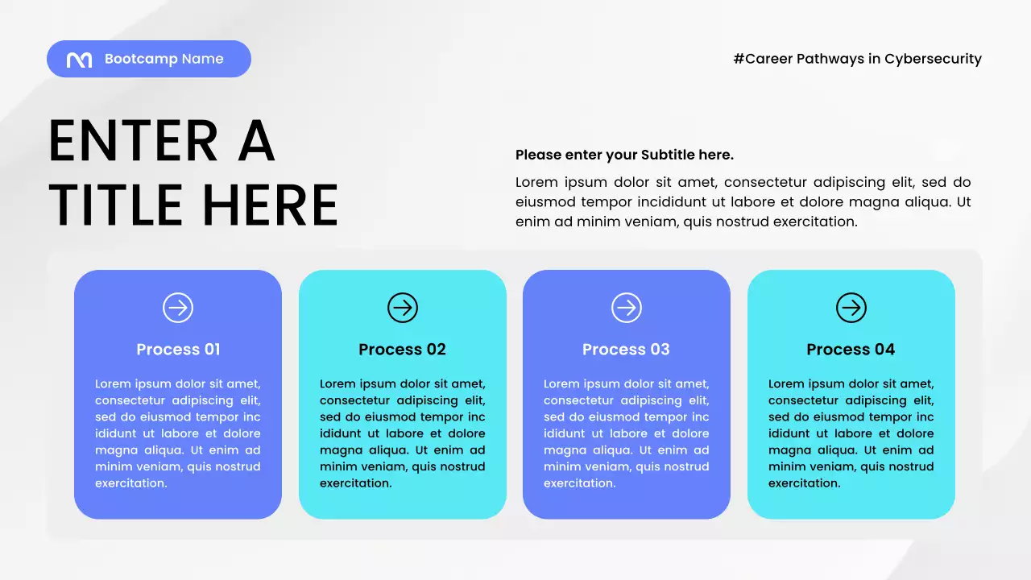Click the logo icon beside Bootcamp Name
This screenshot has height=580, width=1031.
(x=79, y=60)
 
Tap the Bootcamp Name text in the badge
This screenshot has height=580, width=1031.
(x=164, y=59)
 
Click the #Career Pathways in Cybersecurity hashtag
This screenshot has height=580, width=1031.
(x=857, y=59)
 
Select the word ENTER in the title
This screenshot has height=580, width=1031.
(x=133, y=142)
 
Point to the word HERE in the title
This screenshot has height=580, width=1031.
(x=270, y=205)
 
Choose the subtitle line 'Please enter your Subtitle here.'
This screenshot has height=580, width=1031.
(x=624, y=155)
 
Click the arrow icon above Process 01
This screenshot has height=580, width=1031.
(x=178, y=308)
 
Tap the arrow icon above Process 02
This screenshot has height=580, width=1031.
(x=403, y=308)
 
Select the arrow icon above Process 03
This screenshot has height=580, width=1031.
(x=627, y=308)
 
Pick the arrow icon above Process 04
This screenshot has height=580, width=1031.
(x=851, y=308)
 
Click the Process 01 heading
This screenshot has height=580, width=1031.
(x=178, y=350)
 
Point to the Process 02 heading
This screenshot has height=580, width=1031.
(x=402, y=350)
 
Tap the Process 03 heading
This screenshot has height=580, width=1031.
(x=626, y=350)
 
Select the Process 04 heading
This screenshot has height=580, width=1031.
(x=851, y=350)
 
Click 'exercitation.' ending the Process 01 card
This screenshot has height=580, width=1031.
(x=131, y=483)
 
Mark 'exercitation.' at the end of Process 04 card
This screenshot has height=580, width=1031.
(x=804, y=483)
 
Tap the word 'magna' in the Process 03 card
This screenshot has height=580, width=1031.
(x=564, y=450)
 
